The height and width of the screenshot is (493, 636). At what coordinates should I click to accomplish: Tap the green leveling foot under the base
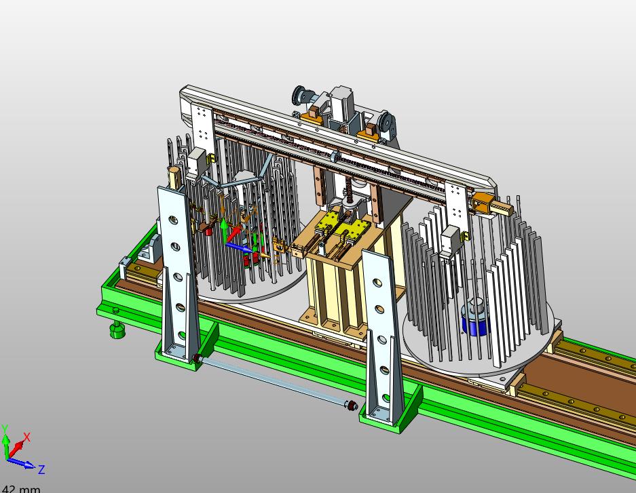click(117, 330)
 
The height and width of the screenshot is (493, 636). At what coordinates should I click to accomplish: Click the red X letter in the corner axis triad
click(26, 437)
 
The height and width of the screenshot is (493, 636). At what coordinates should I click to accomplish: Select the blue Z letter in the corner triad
click(41, 469)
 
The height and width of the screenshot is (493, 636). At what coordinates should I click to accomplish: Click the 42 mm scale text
click(20, 489)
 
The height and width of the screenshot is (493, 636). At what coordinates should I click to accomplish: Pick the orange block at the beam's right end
click(483, 203)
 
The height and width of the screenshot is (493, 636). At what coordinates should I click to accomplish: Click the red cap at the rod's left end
click(198, 358)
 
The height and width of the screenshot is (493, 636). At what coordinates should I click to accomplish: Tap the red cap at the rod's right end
click(352, 405)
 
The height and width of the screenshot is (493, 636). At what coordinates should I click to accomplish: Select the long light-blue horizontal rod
click(274, 381)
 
